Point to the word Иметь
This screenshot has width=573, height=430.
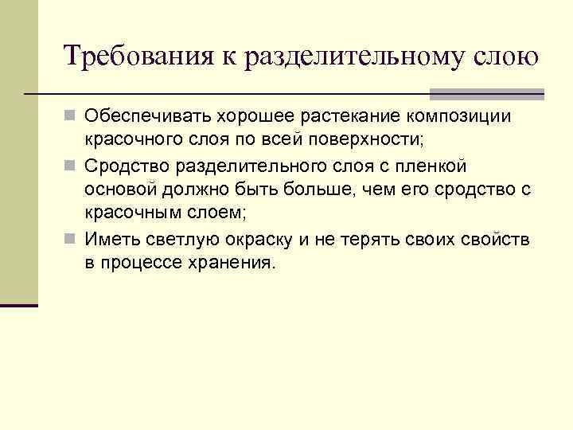tap(107, 239)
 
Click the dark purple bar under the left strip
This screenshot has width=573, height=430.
tap(19, 304)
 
